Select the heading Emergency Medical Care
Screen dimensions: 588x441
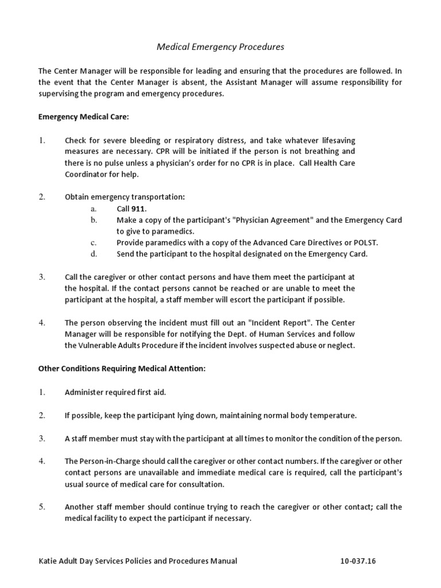(x=84, y=117)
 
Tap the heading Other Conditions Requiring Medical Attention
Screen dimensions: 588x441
(x=122, y=369)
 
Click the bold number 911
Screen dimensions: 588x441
(x=139, y=208)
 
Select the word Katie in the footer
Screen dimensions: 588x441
(x=48, y=561)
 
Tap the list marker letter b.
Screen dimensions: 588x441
(x=94, y=220)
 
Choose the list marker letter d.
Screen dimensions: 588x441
(x=94, y=254)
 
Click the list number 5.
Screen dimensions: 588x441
(x=42, y=507)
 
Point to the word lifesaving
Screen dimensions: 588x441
(x=333, y=140)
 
